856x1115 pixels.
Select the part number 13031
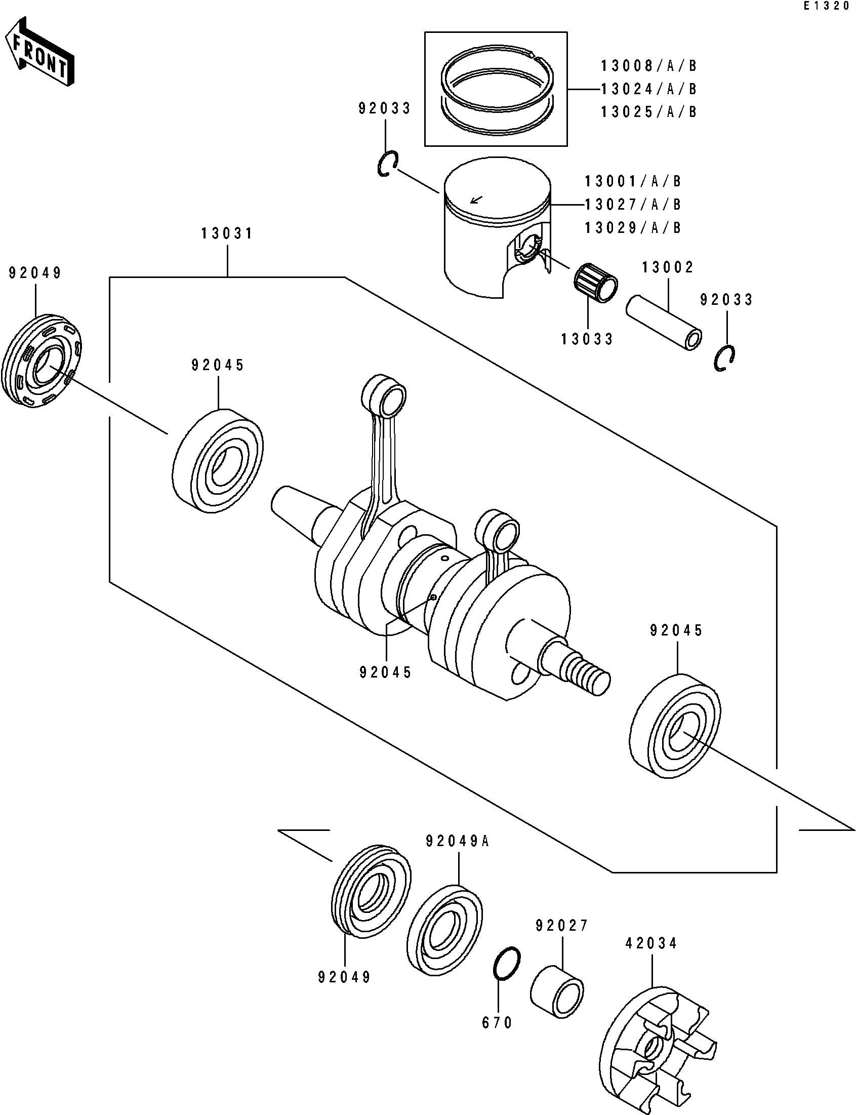pos(227,234)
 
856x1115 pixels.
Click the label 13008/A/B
pos(648,66)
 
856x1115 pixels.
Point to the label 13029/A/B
pos(633,227)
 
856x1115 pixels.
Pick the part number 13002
pos(668,267)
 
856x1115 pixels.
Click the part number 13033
pos(588,339)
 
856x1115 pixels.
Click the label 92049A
pos(458,842)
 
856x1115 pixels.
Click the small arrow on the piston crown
pos(477,200)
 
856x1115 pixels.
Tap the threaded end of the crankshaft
pos(591,671)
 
